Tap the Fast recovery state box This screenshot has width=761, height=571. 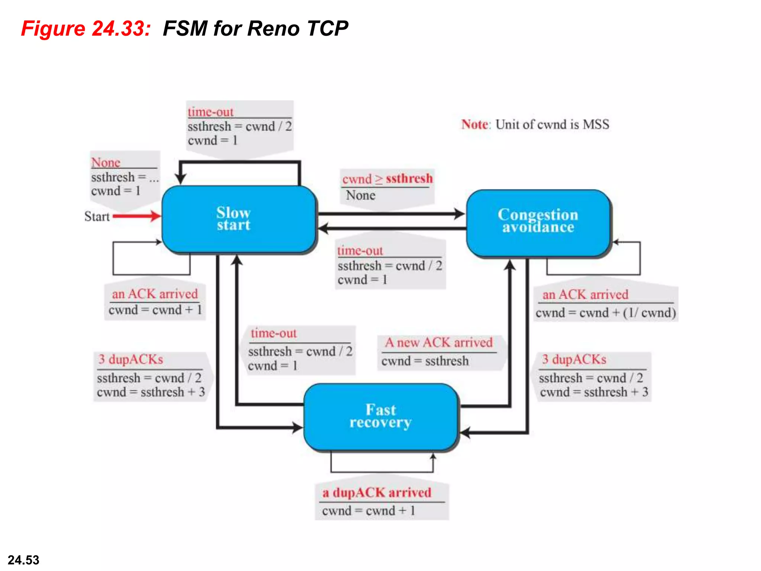point(380,416)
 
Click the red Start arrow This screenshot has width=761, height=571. point(137,216)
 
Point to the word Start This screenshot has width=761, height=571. point(97,216)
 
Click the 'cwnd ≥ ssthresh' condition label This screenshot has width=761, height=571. point(387,179)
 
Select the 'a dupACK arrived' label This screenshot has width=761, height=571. point(377,493)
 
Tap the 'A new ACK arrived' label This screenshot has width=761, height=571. point(438,342)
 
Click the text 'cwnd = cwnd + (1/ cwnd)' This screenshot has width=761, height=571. point(605,313)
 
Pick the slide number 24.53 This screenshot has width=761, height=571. point(23,560)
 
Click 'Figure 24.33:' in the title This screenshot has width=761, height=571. point(86,29)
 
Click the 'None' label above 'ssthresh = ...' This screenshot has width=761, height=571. point(106,162)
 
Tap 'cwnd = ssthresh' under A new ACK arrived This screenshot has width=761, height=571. point(425,361)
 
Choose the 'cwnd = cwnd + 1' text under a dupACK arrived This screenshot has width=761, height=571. point(368,511)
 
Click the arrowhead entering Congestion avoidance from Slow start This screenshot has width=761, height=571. point(460,214)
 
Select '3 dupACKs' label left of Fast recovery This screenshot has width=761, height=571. point(130,359)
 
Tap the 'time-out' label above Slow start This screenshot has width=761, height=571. point(210,112)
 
